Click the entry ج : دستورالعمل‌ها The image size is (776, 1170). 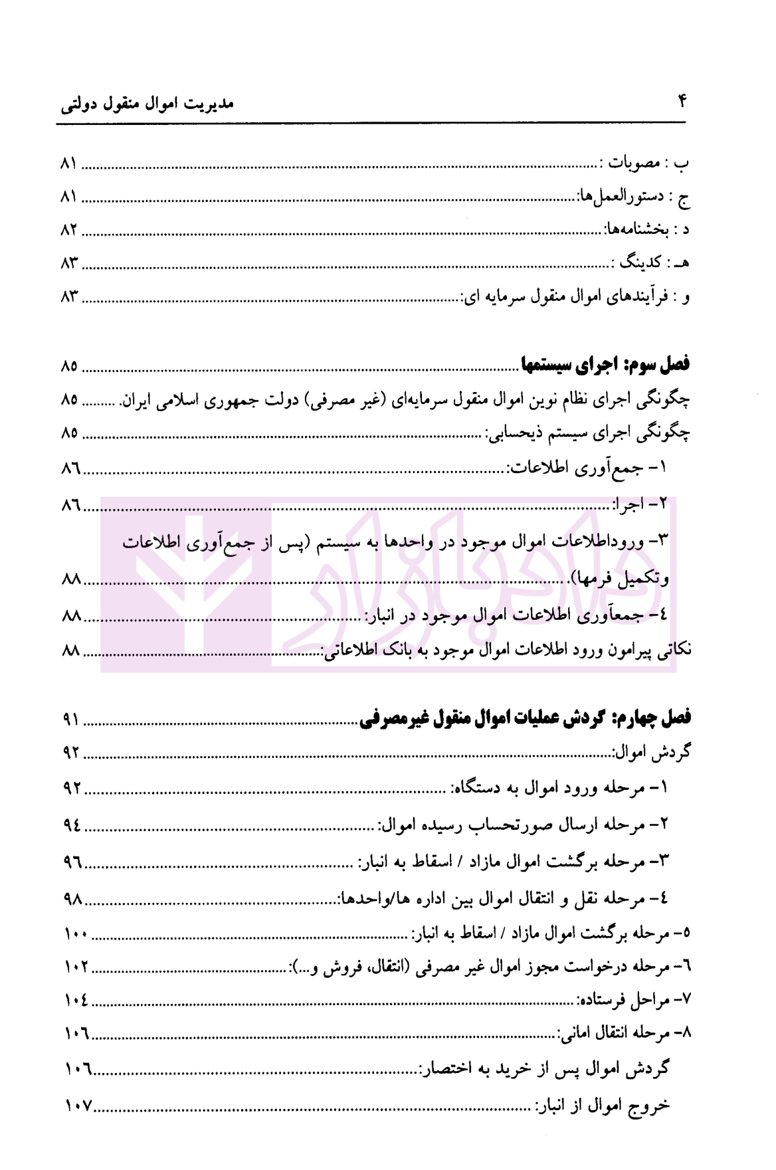(634, 197)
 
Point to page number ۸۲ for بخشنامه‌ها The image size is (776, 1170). (69, 230)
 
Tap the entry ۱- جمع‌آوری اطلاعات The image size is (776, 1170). (588, 468)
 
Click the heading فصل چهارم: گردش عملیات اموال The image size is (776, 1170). (525, 718)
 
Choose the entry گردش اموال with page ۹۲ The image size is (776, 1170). (651, 753)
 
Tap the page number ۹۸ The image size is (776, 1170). (72, 899)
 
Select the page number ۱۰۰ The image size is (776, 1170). (76, 933)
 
